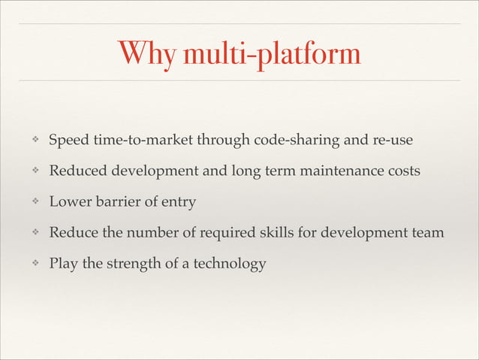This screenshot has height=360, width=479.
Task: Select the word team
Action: point(429,233)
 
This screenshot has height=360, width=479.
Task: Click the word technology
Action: point(229,264)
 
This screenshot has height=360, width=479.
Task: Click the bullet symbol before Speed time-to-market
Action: point(33,141)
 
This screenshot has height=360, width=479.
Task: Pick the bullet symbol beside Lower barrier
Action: point(33,202)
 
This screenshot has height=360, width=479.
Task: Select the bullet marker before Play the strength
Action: point(33,264)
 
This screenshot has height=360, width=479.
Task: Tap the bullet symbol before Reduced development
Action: point(33,172)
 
